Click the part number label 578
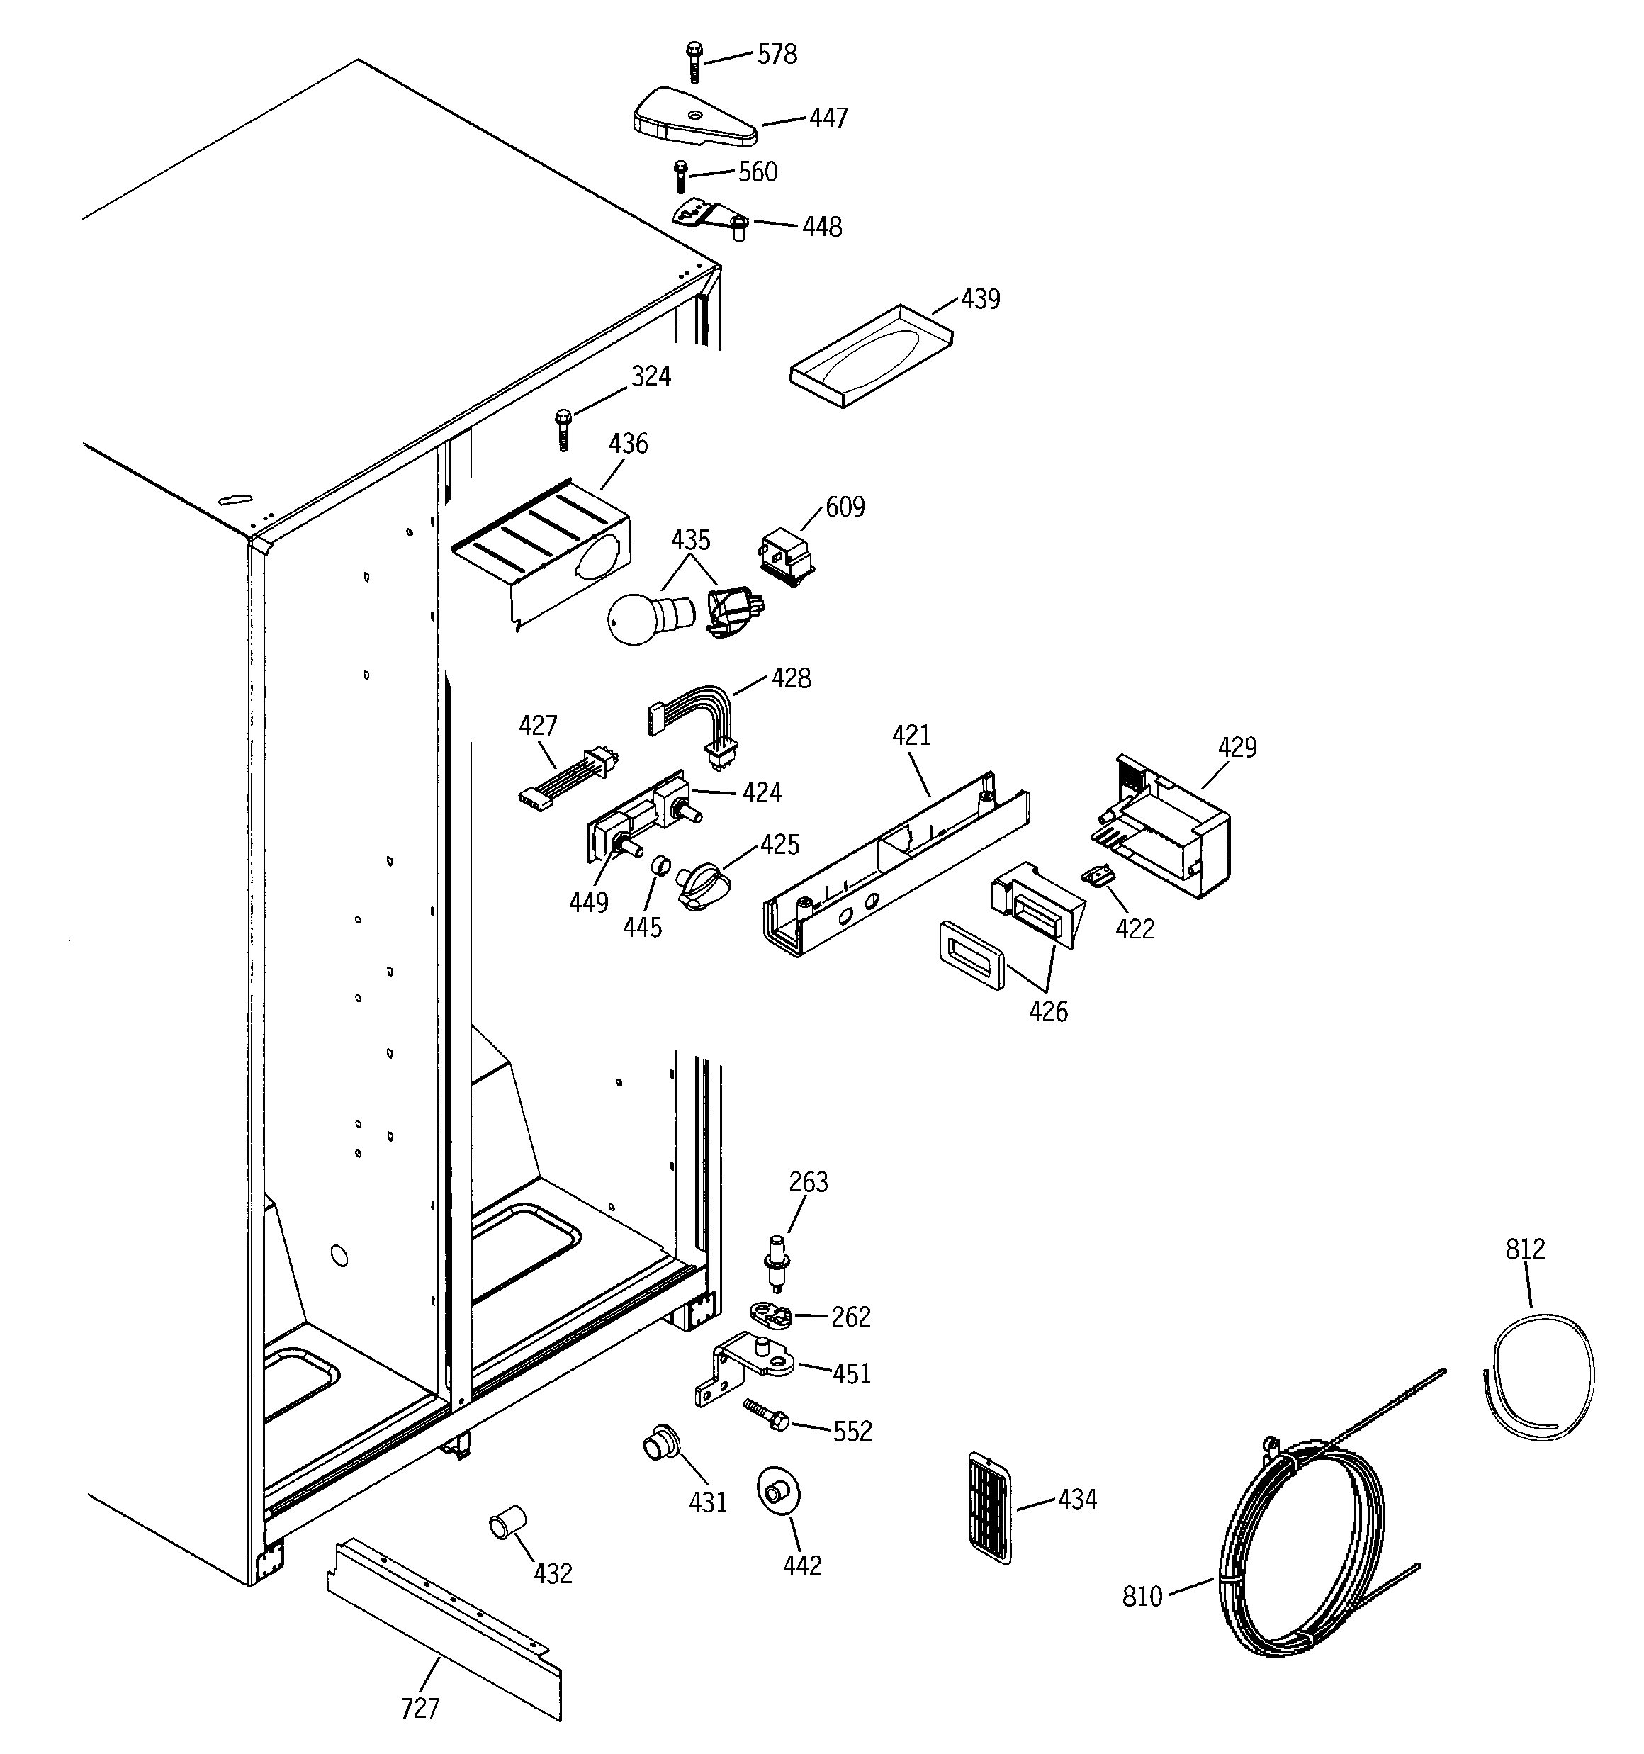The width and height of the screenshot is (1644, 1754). [x=777, y=55]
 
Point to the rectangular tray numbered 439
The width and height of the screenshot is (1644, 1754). [x=871, y=356]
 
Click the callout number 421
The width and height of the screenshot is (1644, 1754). [x=911, y=735]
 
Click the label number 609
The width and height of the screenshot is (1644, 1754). [x=845, y=507]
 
